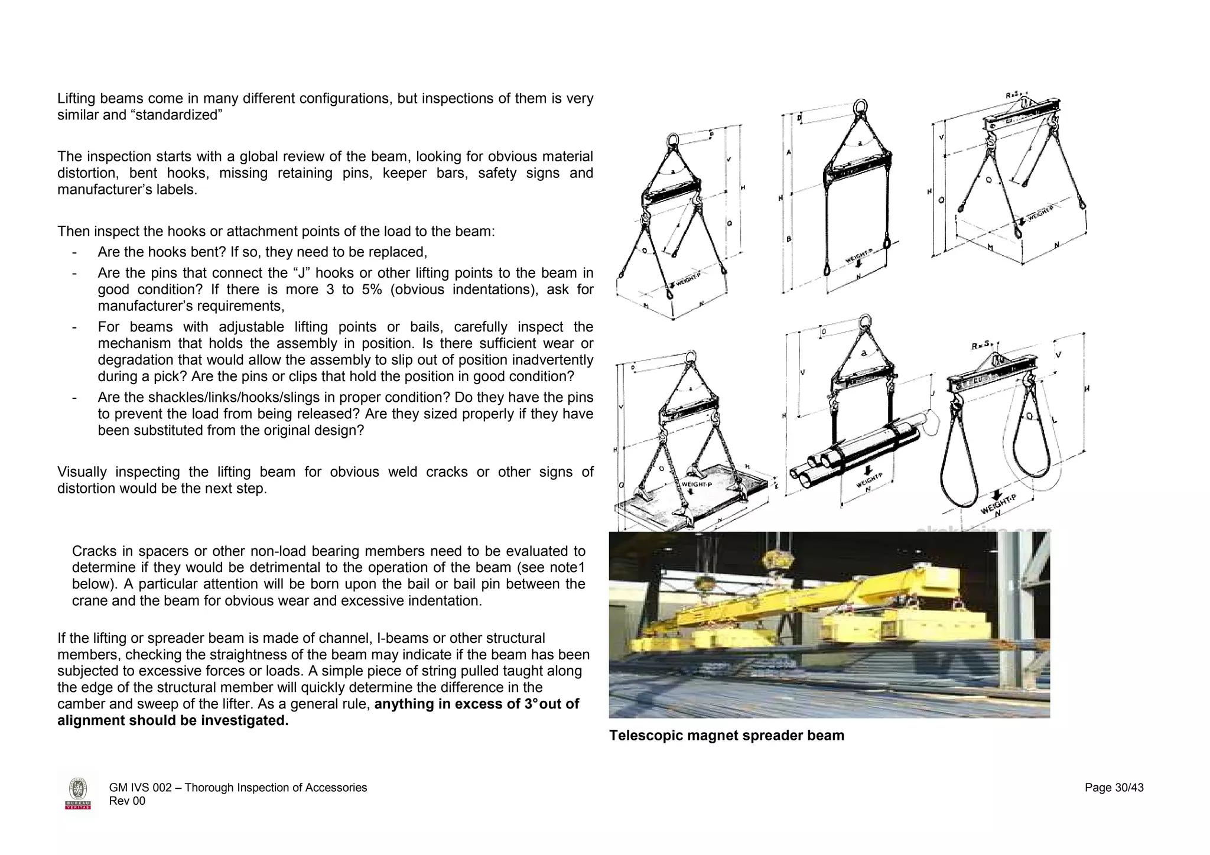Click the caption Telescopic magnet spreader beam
pyautogui.click(x=726, y=736)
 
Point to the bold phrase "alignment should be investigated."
pyautogui.click(x=173, y=721)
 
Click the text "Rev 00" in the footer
pyautogui.click(x=127, y=801)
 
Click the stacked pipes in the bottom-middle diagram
pyautogui.click(x=827, y=467)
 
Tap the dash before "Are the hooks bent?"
pyautogui.click(x=74, y=253)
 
